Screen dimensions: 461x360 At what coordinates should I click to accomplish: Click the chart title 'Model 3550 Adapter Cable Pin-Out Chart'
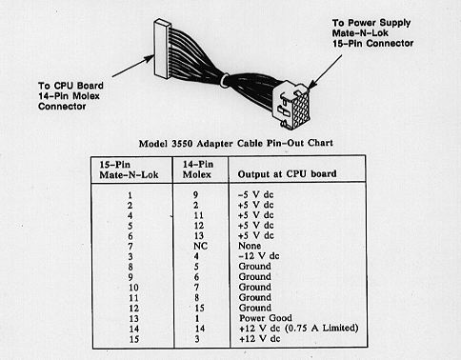(236, 143)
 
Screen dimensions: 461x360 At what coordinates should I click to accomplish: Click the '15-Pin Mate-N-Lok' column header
(129, 170)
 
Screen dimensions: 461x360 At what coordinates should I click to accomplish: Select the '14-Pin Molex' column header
(197, 170)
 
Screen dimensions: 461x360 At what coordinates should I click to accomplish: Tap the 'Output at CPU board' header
(287, 174)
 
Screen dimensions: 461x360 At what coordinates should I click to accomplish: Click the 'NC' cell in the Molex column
(200, 246)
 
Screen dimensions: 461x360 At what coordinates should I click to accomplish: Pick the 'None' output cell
(250, 246)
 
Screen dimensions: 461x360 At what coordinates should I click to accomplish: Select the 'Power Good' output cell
(266, 318)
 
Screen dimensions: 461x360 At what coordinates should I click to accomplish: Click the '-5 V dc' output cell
(255, 194)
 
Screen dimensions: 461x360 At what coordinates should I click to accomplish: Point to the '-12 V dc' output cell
(258, 256)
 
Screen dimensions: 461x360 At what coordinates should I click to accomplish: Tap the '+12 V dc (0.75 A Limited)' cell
(298, 328)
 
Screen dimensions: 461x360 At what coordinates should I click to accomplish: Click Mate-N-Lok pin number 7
(130, 247)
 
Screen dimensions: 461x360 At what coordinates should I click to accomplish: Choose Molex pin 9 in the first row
(195, 194)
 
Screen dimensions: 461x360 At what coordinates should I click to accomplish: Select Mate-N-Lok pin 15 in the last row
(134, 339)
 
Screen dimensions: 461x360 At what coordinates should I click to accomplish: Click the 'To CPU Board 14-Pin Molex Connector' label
(70, 96)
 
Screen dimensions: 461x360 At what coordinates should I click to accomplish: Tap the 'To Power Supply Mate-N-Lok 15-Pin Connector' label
(372, 33)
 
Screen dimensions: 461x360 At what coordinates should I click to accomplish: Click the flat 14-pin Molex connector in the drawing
(162, 49)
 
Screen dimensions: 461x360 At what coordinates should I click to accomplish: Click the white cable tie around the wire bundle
(225, 80)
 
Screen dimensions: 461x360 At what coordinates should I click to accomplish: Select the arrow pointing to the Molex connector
(133, 66)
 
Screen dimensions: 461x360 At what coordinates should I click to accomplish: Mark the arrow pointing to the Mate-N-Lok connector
(326, 71)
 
